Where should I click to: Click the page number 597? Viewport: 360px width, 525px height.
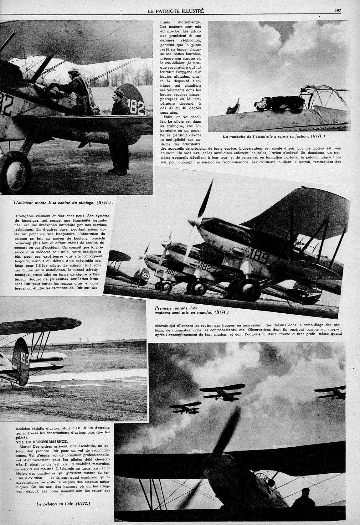click(337, 10)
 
